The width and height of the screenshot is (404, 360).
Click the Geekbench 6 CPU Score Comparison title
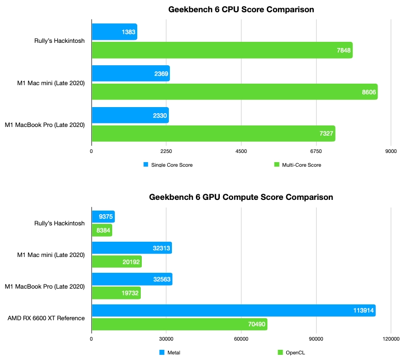[241, 9]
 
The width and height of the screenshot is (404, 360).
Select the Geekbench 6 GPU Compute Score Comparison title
[241, 197]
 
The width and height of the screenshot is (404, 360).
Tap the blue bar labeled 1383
[114, 32]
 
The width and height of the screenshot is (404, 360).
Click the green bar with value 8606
[234, 92]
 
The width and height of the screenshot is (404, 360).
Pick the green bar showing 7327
[213, 134]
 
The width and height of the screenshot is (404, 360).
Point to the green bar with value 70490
[179, 324]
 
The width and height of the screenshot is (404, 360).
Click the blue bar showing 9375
[103, 217]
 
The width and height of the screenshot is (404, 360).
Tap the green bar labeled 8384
[102, 230]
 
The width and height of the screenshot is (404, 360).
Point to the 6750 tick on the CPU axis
[316, 151]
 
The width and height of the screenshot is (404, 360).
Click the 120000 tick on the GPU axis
[391, 339]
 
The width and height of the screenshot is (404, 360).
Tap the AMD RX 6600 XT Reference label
[46, 318]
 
